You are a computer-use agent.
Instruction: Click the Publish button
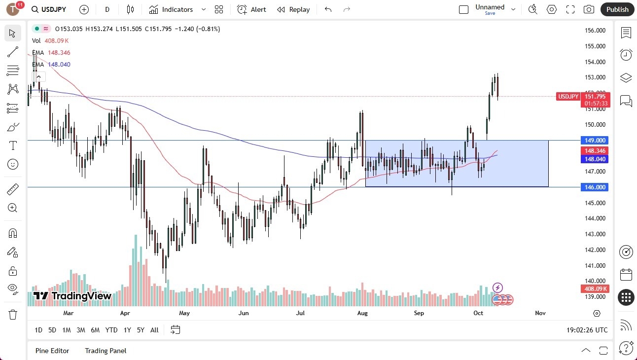(617, 9)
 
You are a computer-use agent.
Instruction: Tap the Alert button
(252, 9)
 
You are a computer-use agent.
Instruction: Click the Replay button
(293, 9)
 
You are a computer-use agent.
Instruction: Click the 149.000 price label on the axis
(595, 140)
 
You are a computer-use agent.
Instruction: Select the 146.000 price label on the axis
(595, 187)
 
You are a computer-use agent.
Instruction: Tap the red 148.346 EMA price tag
(595, 150)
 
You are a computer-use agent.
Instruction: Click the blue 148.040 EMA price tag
(595, 159)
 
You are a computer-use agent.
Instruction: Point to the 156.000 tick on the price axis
(595, 31)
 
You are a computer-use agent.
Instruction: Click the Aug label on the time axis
(362, 313)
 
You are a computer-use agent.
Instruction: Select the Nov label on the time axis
(540, 313)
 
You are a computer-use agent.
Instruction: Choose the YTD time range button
(111, 330)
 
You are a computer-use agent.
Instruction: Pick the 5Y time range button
(141, 330)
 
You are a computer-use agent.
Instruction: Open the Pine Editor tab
(52, 351)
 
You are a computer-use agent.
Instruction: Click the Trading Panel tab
(106, 351)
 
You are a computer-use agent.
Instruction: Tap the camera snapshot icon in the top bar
(589, 9)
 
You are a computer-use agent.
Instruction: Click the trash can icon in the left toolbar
(12, 315)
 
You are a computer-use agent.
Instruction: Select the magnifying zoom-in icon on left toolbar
(12, 208)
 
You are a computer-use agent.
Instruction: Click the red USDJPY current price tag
(568, 97)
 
